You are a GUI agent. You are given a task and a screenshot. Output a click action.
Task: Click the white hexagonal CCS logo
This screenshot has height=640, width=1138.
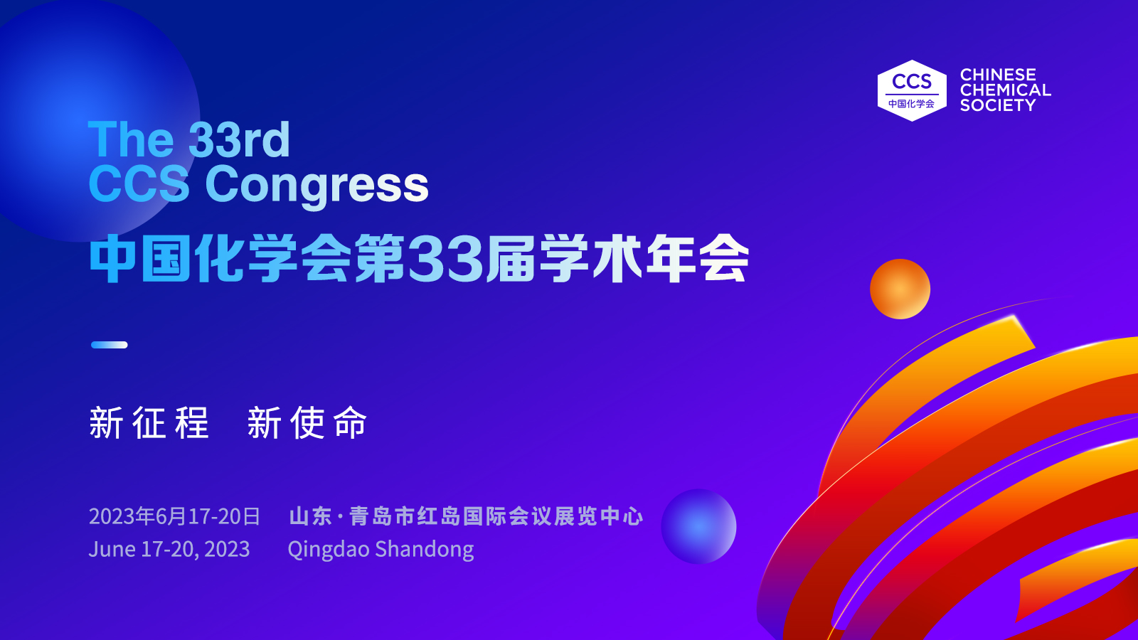pos(911,90)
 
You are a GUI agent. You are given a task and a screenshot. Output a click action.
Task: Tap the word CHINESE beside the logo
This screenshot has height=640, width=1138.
pos(997,75)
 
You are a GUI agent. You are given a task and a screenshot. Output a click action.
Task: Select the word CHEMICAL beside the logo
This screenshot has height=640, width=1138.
pos(1005,90)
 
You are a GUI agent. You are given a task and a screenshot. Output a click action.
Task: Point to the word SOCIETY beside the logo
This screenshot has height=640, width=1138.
pos(997,105)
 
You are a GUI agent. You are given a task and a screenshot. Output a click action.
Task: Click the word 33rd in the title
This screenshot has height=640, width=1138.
pos(240,139)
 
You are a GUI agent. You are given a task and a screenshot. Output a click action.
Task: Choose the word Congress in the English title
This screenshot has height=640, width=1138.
pos(317,185)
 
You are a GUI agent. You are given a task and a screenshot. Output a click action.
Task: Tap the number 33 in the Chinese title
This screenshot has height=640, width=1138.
pos(446,259)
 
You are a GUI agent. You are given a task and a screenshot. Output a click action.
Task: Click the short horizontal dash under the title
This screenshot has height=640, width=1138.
pos(110,345)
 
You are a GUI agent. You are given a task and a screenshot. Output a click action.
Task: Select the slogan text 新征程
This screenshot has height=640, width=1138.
pos(149,422)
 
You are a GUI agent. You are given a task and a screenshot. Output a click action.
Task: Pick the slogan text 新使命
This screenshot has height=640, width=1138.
pos(307,422)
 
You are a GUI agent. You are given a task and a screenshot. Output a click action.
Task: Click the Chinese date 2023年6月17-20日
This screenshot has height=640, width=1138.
pos(174,516)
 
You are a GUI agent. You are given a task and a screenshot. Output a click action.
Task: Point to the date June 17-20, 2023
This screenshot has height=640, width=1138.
pos(169,549)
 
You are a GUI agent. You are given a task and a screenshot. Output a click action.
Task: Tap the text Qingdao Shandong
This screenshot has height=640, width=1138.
pos(381,549)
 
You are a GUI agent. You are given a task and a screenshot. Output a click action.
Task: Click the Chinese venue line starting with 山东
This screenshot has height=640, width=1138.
pos(466,516)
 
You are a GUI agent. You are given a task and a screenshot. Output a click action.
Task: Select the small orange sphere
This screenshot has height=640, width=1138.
pos(900,289)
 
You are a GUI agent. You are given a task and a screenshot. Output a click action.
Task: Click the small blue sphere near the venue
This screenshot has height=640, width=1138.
pos(698,526)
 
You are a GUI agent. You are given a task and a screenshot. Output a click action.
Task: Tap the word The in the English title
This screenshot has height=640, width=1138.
pos(131,139)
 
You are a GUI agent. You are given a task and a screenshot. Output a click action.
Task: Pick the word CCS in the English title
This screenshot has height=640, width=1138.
pos(139,185)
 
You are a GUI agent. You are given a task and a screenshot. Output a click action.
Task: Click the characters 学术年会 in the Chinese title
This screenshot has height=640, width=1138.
pos(644,259)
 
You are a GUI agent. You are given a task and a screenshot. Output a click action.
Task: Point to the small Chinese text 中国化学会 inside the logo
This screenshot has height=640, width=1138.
pos(911,104)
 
